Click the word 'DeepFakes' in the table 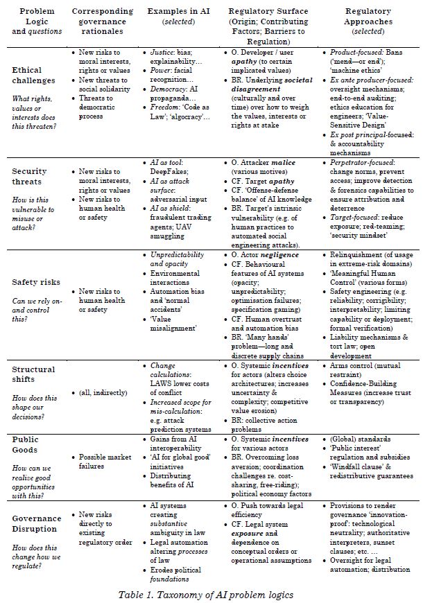click(x=173, y=173)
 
